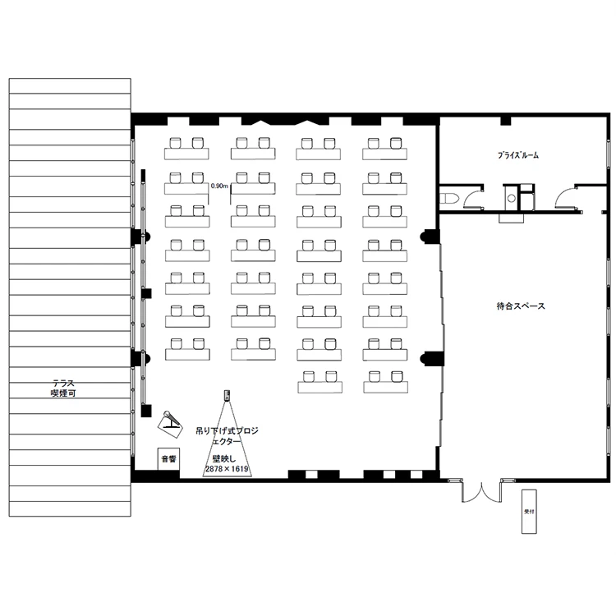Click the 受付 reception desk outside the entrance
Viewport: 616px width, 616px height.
coord(529,511)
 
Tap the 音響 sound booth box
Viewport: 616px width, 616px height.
coord(168,458)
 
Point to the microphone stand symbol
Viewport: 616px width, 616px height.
coord(171,425)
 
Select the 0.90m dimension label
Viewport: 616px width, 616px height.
coord(219,186)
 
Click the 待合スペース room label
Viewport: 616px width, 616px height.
coord(521,306)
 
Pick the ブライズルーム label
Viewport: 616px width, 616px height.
coord(518,155)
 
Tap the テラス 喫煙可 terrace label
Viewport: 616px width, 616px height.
coord(63,388)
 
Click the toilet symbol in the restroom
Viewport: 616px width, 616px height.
coord(448,199)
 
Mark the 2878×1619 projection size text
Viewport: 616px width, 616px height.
coord(227,469)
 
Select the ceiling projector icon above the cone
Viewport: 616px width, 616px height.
coord(227,395)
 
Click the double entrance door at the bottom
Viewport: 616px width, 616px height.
coord(481,492)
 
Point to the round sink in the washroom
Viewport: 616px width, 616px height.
coord(511,199)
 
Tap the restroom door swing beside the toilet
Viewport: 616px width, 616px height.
coord(474,197)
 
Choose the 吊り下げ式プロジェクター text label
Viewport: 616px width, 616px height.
coord(227,436)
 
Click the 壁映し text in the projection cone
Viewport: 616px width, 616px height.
coord(224,458)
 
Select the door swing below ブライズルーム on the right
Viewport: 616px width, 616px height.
coord(565,197)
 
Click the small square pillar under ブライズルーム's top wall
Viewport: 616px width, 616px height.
coord(506,120)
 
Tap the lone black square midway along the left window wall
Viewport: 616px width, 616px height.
coord(147,293)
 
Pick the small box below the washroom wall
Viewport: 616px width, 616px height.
coord(511,218)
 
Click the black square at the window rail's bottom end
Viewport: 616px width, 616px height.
coord(146,411)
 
